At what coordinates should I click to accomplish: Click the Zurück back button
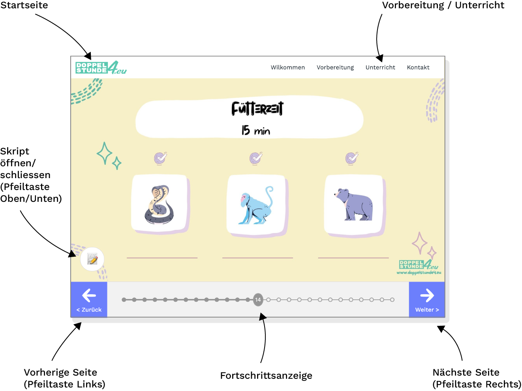89,300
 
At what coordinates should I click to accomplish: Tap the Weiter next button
427,300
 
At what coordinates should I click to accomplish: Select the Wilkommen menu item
287,68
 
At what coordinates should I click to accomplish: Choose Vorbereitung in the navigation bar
335,68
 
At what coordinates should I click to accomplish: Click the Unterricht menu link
380,68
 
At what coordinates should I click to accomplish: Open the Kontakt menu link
418,68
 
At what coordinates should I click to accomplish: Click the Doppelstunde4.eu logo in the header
101,68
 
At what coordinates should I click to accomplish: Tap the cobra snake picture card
160,204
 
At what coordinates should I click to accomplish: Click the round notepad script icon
92,259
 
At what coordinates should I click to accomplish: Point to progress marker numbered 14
258,300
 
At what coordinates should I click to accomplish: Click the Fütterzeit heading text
257,109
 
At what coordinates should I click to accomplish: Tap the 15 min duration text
256,130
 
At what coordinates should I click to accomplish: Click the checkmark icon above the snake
160,158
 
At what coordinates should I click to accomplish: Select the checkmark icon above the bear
351,158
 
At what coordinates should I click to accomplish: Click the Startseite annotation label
24,5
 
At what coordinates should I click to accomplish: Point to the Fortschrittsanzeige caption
266,376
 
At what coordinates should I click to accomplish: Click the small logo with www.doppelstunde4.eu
419,267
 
